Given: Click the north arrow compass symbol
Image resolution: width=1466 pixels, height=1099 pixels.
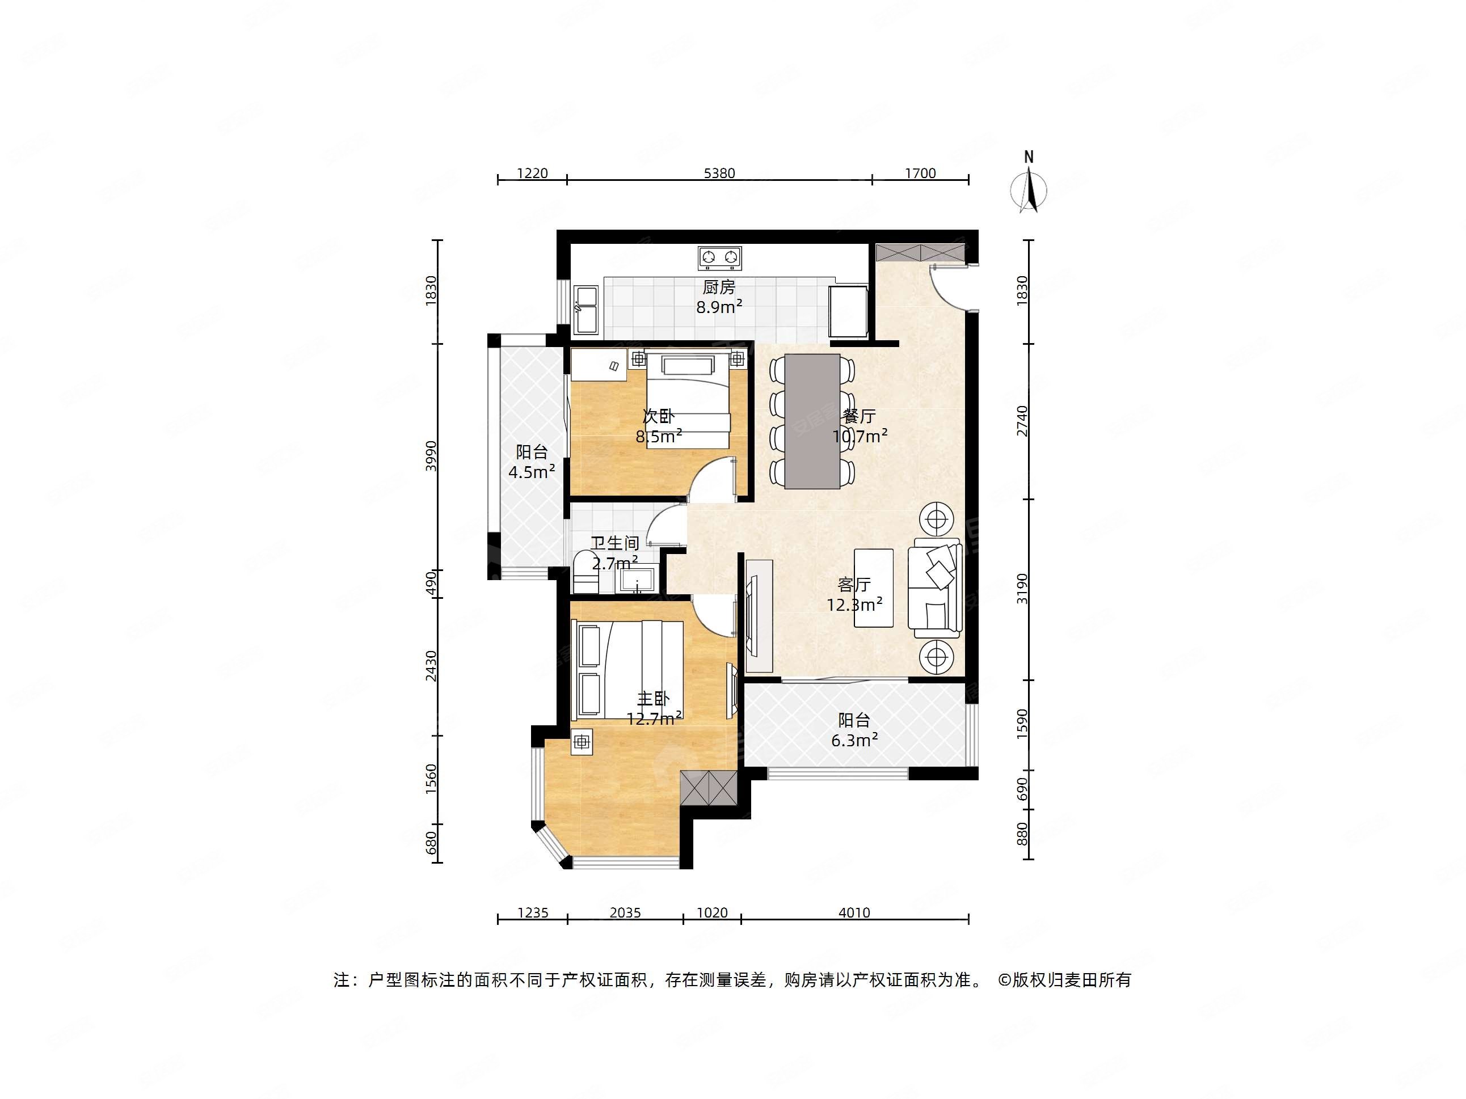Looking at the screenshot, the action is coord(1029,189).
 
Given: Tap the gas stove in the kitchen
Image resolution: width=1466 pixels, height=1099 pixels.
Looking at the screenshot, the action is coord(719,257).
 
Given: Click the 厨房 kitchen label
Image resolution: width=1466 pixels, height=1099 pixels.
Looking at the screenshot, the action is coord(719,288).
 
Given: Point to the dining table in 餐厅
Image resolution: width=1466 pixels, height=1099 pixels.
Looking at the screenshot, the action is coord(812,421).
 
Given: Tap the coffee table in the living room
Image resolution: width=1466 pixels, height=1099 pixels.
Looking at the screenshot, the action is coord(874,587).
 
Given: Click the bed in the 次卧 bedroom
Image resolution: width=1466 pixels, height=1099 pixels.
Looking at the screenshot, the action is coord(688,401).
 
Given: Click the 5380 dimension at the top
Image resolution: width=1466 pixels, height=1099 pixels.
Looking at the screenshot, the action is coord(719,174).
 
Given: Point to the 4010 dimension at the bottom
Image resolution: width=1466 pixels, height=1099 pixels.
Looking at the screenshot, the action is coord(854,913).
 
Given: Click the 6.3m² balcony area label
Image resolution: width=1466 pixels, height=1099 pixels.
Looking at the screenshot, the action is coord(855,740).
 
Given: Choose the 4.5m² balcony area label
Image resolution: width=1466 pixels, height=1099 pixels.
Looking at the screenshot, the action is coord(532,472).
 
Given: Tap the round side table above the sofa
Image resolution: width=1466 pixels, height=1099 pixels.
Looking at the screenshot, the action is coord(935,520).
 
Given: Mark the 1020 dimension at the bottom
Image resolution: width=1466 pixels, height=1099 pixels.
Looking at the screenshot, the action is coord(713,913).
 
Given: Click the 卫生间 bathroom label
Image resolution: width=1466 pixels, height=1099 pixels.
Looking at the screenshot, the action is coord(615,543).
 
